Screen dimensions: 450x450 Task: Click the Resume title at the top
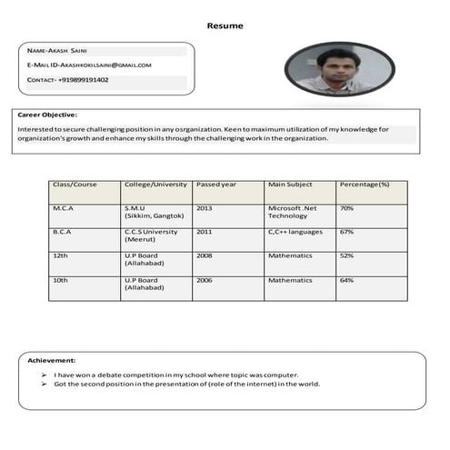point(225,25)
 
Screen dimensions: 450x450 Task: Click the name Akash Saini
point(69,51)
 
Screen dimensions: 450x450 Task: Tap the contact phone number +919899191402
point(83,80)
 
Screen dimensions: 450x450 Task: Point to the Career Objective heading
point(47,115)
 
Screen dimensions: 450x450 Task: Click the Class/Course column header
point(75,185)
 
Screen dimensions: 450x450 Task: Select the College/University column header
point(155,185)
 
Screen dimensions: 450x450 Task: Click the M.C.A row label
point(63,208)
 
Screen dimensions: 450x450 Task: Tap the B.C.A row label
point(62,232)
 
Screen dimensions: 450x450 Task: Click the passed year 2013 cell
point(205,208)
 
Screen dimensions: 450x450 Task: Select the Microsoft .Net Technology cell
point(289,212)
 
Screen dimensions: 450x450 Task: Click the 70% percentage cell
point(346,208)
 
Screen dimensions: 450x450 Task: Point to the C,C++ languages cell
point(295,232)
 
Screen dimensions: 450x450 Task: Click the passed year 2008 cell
point(205,256)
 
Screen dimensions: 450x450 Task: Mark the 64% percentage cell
point(346,280)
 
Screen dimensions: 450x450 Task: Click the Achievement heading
point(52,361)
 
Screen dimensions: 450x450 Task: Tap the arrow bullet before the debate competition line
point(44,374)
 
